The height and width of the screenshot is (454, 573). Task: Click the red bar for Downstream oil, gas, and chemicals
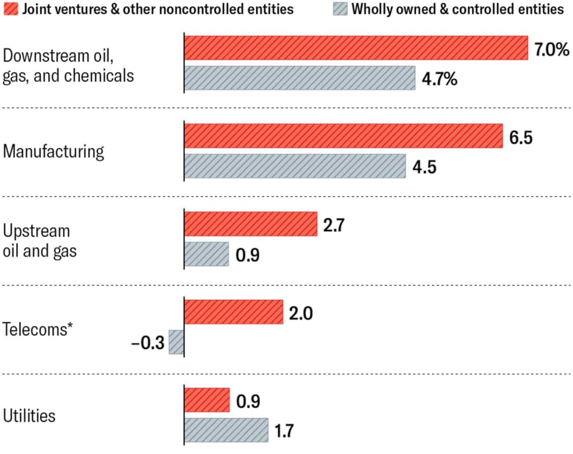point(356,48)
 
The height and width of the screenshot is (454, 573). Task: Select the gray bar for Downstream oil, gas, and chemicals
point(300,78)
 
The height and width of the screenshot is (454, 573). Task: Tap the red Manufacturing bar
point(344,136)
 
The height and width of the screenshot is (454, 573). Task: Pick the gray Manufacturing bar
point(295,166)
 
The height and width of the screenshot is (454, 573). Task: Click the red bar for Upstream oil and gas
point(251,224)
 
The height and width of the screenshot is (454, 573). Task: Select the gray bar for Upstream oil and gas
point(206,254)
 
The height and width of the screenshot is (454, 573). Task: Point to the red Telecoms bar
point(233,312)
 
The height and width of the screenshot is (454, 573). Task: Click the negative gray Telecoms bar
point(176,342)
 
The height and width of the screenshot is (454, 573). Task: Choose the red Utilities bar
point(207,400)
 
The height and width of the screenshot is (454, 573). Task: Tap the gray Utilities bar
point(226,430)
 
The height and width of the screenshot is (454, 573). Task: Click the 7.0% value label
point(552,49)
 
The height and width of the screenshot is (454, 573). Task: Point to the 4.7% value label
point(439,79)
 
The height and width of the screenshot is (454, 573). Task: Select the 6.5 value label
point(521,138)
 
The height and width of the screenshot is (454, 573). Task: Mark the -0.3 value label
point(148,343)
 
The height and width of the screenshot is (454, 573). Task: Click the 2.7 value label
point(334,225)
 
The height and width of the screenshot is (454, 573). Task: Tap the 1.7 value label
point(284,431)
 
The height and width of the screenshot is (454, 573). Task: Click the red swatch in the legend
point(11,9)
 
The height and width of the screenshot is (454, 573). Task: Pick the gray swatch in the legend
point(340,9)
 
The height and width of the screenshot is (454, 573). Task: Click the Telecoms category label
point(37,329)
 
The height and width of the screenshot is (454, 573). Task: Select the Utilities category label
point(29,415)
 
